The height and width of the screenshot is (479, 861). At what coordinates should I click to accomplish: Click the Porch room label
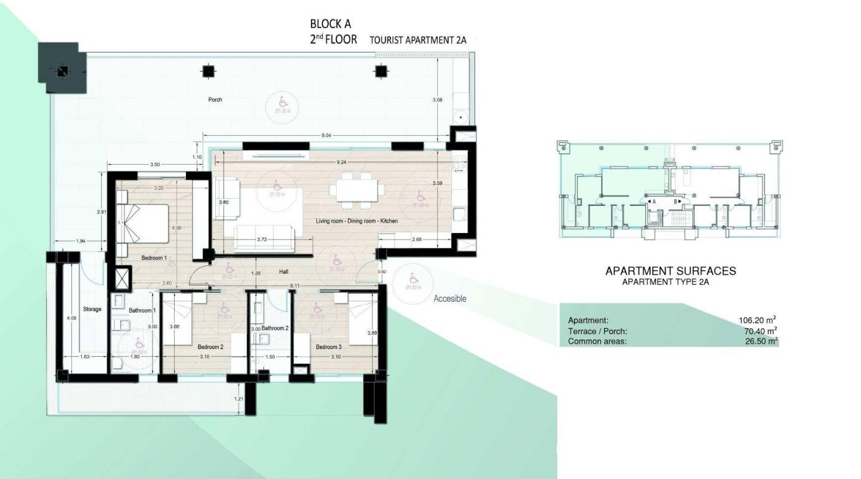click(x=215, y=100)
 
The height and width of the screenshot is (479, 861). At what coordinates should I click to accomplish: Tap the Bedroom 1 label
click(x=154, y=258)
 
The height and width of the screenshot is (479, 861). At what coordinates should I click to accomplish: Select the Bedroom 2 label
click(x=210, y=347)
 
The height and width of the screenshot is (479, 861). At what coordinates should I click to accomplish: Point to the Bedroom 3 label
click(x=328, y=347)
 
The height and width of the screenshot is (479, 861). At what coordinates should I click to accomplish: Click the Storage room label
click(x=92, y=310)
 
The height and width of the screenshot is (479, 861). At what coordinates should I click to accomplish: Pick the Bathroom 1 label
click(x=142, y=310)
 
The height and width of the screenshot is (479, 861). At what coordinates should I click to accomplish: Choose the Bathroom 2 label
click(x=275, y=328)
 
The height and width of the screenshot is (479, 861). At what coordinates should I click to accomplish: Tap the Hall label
click(x=284, y=272)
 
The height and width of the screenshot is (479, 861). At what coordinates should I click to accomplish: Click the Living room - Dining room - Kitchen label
click(x=356, y=222)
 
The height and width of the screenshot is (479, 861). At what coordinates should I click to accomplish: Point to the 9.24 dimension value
click(x=342, y=162)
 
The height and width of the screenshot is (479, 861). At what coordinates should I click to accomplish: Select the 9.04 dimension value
click(x=326, y=136)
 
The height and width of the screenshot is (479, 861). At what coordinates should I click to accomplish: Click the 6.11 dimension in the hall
click(x=294, y=286)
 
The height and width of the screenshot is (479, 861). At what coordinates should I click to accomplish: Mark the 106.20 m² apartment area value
click(x=758, y=320)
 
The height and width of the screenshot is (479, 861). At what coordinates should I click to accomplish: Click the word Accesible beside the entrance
click(x=450, y=299)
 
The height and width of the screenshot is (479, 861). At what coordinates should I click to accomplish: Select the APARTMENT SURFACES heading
click(x=670, y=271)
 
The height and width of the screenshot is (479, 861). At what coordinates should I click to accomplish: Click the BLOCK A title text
click(x=330, y=25)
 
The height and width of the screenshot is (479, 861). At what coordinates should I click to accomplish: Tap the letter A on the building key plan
click(x=654, y=202)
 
